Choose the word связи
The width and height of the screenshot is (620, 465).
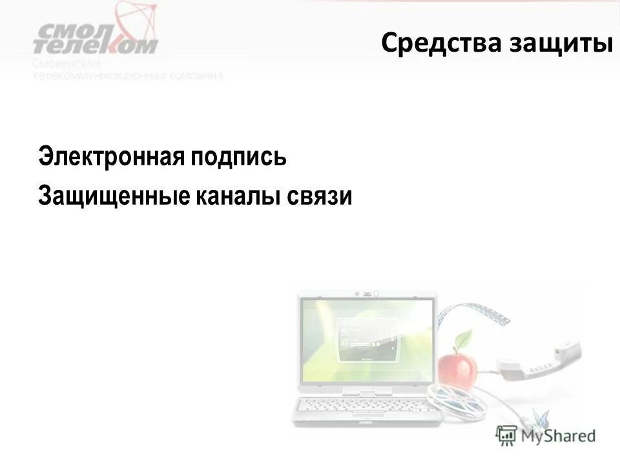pos(325,195)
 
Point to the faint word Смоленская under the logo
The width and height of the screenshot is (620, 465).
pos(66,63)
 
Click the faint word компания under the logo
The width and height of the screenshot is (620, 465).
pos(200,76)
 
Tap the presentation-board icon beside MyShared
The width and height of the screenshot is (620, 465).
pos(506,435)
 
